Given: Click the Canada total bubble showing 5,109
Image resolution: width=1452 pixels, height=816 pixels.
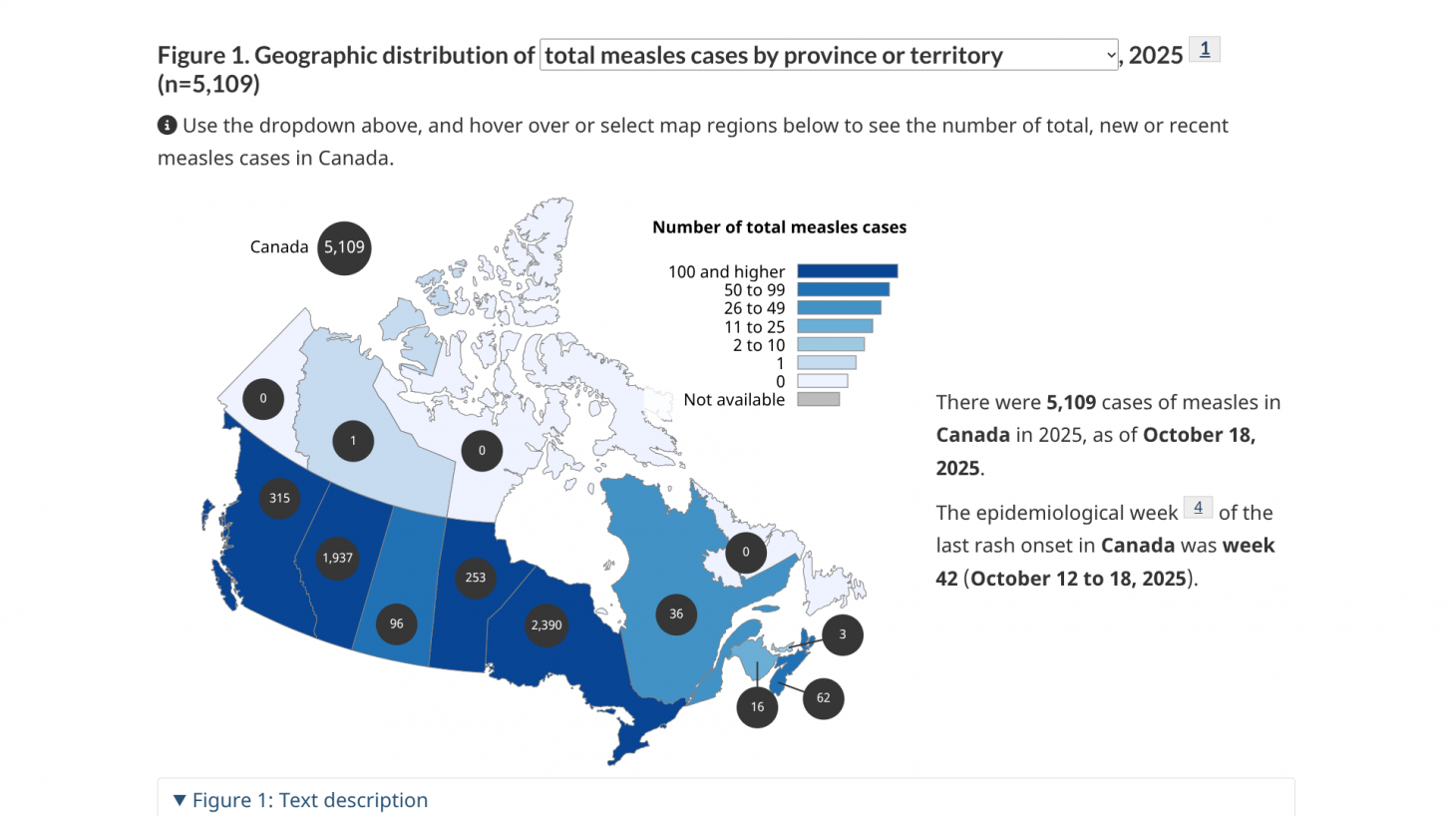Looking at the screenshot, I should [344, 247].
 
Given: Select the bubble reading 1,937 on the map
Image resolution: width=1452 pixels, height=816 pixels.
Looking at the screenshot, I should [337, 558].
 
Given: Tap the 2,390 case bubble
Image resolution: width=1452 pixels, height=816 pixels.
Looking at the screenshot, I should [546, 625].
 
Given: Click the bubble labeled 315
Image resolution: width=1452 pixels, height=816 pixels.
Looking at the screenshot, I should [279, 498].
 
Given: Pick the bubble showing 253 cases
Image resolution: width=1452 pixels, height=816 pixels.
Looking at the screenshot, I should [476, 578].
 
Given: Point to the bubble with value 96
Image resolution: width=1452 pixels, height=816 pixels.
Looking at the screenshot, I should [397, 623].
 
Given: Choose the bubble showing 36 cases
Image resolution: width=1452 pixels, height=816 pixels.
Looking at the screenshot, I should [676, 613].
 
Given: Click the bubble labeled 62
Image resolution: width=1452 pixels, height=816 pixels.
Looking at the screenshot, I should [823, 697].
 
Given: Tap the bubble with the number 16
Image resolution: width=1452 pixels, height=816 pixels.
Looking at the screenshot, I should [757, 706].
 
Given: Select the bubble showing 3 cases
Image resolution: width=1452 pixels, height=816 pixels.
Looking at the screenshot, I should [843, 634].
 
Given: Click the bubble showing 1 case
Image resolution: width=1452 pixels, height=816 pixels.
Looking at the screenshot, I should [353, 441].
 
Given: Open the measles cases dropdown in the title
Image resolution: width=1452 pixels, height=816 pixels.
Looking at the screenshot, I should [829, 56].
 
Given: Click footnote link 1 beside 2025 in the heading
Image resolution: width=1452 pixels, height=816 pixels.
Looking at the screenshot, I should [1205, 49].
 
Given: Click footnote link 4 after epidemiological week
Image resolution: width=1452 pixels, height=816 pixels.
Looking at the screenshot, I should [1198, 508].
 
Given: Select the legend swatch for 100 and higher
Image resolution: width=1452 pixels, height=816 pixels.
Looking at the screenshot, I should [848, 271].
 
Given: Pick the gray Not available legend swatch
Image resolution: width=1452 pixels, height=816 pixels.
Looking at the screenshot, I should [819, 400].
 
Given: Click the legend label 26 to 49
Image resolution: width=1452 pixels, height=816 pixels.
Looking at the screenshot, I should [754, 308].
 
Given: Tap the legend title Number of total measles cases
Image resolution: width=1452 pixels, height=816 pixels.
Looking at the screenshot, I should [779, 227].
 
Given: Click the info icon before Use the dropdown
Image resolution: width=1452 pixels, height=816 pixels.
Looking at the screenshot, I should [167, 126].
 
